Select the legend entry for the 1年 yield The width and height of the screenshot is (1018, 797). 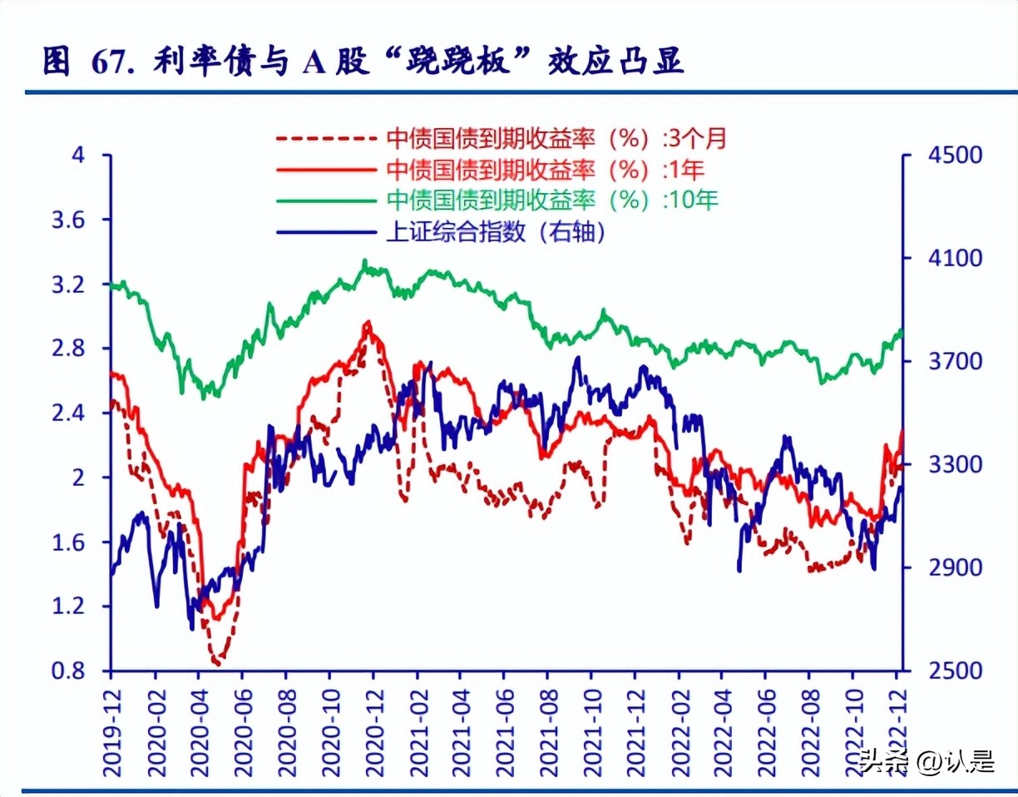(x=545, y=170)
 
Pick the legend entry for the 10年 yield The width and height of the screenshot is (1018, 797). (x=552, y=200)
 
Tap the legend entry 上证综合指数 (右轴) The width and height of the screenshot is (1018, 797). (x=496, y=232)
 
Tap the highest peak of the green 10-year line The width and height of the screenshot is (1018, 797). (x=364, y=261)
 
